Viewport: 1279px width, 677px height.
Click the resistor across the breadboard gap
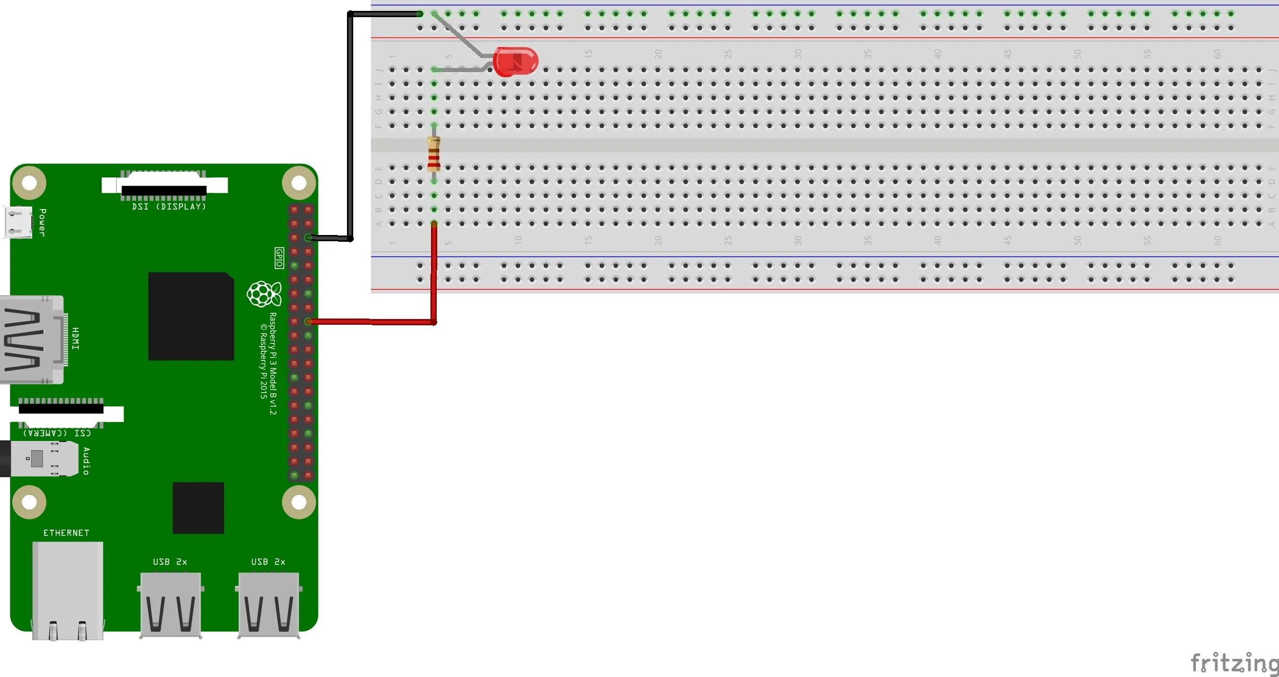(434, 154)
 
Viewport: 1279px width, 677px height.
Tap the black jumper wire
(351, 125)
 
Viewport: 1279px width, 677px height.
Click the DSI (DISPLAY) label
(169, 206)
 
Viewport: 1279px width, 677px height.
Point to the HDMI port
(31, 340)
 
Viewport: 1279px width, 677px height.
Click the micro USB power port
(18, 222)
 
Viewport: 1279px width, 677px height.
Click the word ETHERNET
(66, 533)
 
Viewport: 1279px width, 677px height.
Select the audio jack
(41, 459)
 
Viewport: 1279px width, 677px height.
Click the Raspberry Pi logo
(264, 294)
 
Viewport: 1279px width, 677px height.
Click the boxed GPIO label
(279, 258)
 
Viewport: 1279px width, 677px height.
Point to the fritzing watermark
(1234, 663)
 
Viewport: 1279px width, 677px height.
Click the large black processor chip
(191, 316)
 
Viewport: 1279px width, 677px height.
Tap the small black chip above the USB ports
(198, 507)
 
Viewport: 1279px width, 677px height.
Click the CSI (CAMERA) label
(57, 433)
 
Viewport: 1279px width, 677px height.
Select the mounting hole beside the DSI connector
(299, 183)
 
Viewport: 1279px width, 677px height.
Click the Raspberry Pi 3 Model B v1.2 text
(273, 363)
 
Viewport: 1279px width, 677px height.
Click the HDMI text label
(76, 338)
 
